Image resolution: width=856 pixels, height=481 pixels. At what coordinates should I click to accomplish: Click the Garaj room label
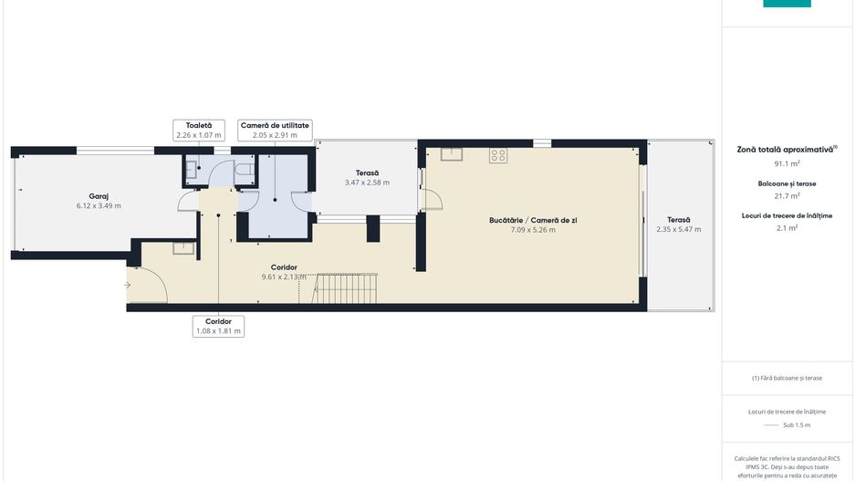pyautogui.click(x=99, y=196)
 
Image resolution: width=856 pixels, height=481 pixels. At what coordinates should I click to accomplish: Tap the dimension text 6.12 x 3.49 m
pyautogui.click(x=99, y=206)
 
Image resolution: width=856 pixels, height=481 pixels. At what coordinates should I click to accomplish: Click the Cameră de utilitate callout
pyautogui.click(x=276, y=131)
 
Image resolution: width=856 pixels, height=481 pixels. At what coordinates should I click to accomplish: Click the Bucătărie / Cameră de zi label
pyautogui.click(x=533, y=221)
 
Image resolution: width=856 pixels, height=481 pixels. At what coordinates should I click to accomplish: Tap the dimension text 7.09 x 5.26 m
pyautogui.click(x=533, y=230)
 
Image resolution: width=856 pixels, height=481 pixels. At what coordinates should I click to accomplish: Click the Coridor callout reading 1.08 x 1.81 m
pyautogui.click(x=218, y=327)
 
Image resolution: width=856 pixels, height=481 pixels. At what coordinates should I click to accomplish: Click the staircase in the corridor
pyautogui.click(x=344, y=288)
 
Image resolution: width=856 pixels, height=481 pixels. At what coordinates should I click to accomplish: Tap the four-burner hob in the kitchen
pyautogui.click(x=498, y=155)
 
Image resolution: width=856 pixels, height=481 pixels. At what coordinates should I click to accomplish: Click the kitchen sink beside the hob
pyautogui.click(x=452, y=154)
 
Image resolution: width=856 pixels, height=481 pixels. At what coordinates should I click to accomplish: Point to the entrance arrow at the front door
pyautogui.click(x=127, y=285)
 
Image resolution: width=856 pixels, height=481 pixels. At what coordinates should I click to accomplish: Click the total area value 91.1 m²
pyautogui.click(x=787, y=163)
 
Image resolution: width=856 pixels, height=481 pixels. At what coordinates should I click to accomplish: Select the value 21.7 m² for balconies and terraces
pyautogui.click(x=787, y=195)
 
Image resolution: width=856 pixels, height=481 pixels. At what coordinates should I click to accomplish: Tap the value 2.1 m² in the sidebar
pyautogui.click(x=787, y=227)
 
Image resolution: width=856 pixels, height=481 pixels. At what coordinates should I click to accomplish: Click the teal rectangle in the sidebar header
pyautogui.click(x=787, y=4)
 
